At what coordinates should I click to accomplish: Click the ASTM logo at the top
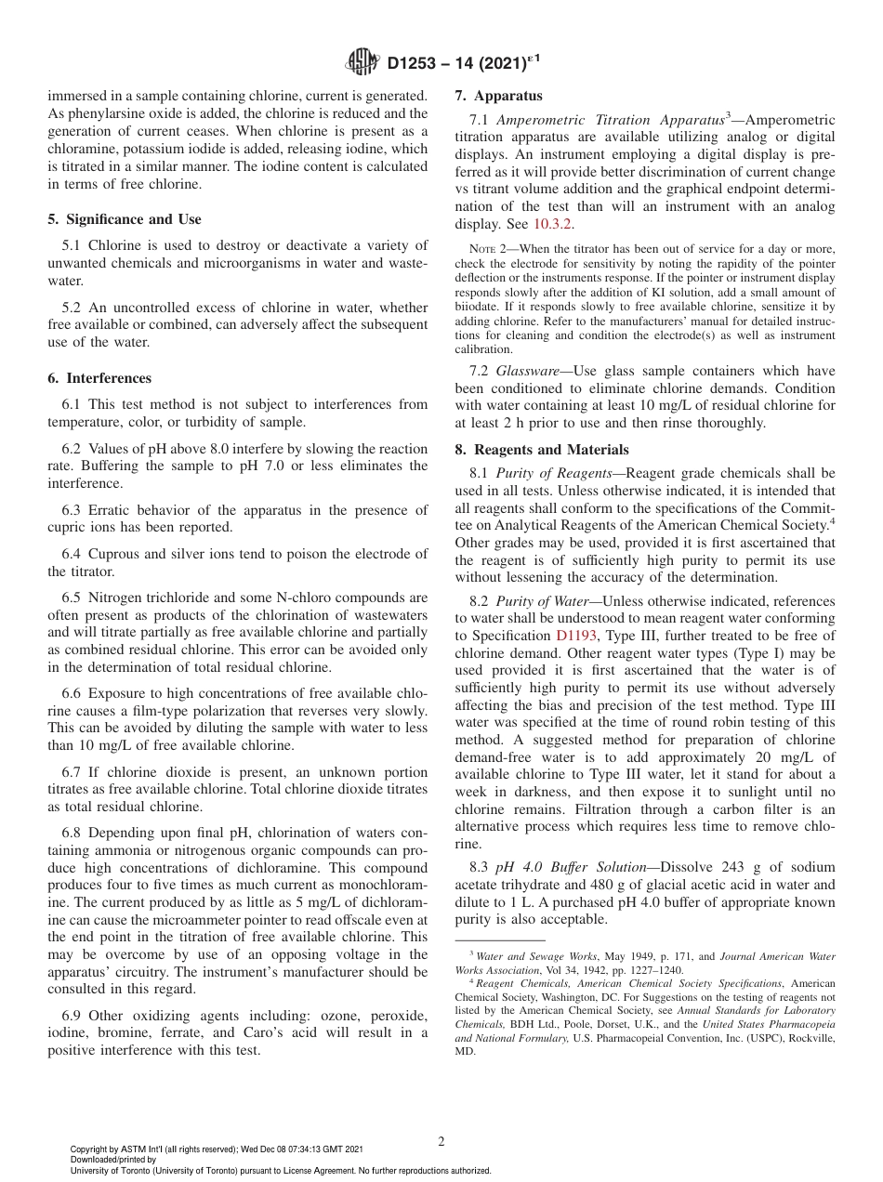coord(362,63)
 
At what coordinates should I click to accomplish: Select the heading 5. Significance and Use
coord(125,219)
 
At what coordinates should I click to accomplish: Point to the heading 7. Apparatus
coord(498,96)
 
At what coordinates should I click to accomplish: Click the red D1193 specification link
coord(575,636)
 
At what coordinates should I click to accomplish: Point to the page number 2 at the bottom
coord(441,1141)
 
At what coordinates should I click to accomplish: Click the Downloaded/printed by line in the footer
coord(113,1160)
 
